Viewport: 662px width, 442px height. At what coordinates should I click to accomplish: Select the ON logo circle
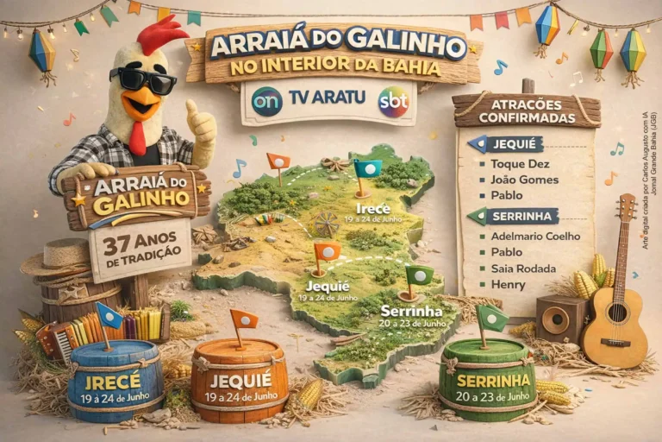[266, 101]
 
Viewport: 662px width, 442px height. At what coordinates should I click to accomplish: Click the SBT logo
[394, 101]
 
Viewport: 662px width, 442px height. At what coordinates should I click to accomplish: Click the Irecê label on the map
[372, 209]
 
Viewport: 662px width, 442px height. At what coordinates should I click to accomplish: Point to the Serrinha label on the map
[411, 311]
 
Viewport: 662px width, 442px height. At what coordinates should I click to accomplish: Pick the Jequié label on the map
[328, 286]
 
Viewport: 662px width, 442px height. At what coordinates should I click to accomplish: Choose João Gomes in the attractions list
[524, 180]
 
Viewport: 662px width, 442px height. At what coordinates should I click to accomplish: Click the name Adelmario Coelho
[535, 236]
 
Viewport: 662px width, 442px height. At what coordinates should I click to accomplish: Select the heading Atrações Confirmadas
[526, 110]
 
